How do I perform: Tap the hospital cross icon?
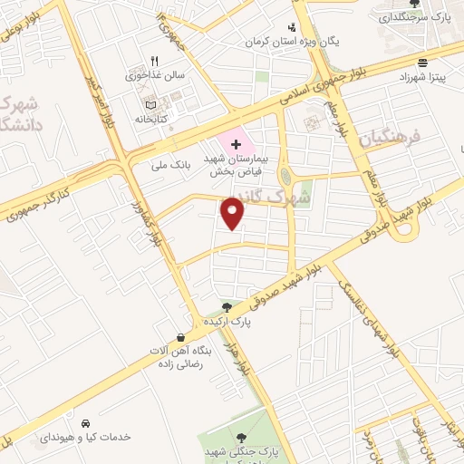tap(237, 145)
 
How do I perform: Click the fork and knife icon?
tap(154, 60)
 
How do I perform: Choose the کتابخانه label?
tap(140, 118)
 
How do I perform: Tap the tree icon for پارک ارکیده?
tap(227, 306)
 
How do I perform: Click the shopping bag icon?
tap(183, 337)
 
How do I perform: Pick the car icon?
tap(85, 423)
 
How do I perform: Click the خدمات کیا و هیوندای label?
tap(85, 437)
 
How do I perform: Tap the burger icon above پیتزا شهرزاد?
tap(423, 63)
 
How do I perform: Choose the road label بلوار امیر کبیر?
tap(101, 100)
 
